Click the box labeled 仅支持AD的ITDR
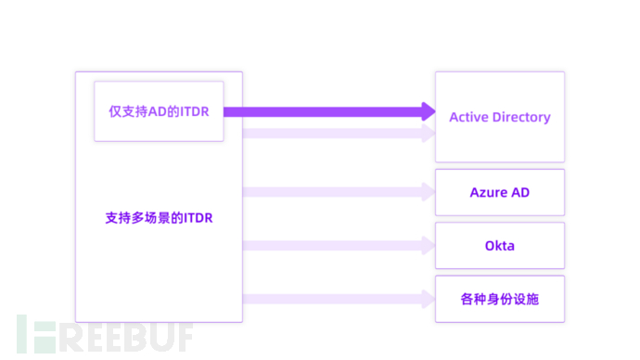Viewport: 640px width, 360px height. (159, 110)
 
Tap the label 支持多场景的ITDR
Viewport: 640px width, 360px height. (159, 220)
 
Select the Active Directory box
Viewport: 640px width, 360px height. (499, 117)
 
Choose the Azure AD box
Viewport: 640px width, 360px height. (499, 192)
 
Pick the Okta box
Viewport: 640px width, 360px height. (499, 246)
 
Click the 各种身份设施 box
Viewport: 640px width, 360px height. (499, 299)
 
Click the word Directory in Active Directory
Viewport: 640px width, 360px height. (522, 117)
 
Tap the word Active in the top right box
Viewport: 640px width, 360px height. (470, 117)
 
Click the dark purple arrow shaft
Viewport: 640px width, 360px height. (325, 111)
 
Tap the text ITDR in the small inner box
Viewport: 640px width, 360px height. (196, 111)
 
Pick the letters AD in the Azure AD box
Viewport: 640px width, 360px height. (519, 192)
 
